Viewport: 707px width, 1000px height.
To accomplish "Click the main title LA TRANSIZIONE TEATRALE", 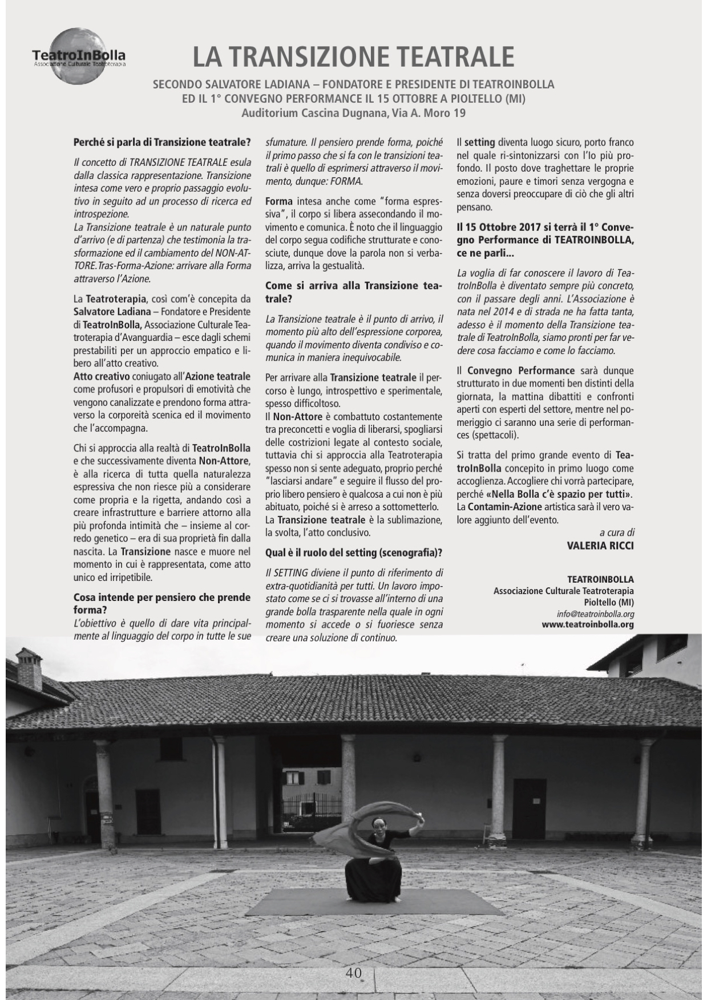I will (x=353, y=57).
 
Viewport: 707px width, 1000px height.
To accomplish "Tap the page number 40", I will (x=353, y=973).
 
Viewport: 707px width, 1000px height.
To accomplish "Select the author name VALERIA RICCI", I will (x=600, y=544).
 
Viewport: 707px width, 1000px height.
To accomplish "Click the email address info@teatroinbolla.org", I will (x=595, y=614).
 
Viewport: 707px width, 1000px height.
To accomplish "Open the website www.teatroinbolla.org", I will (x=587, y=624).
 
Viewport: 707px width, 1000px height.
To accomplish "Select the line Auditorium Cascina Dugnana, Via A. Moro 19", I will (x=353, y=113).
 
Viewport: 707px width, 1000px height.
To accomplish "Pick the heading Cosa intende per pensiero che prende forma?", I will (x=162, y=604).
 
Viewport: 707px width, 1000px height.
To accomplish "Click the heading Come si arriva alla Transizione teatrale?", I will (x=354, y=292).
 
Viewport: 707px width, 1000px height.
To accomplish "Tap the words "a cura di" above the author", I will (x=616, y=532).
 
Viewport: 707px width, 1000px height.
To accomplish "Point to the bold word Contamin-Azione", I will (x=504, y=506).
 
